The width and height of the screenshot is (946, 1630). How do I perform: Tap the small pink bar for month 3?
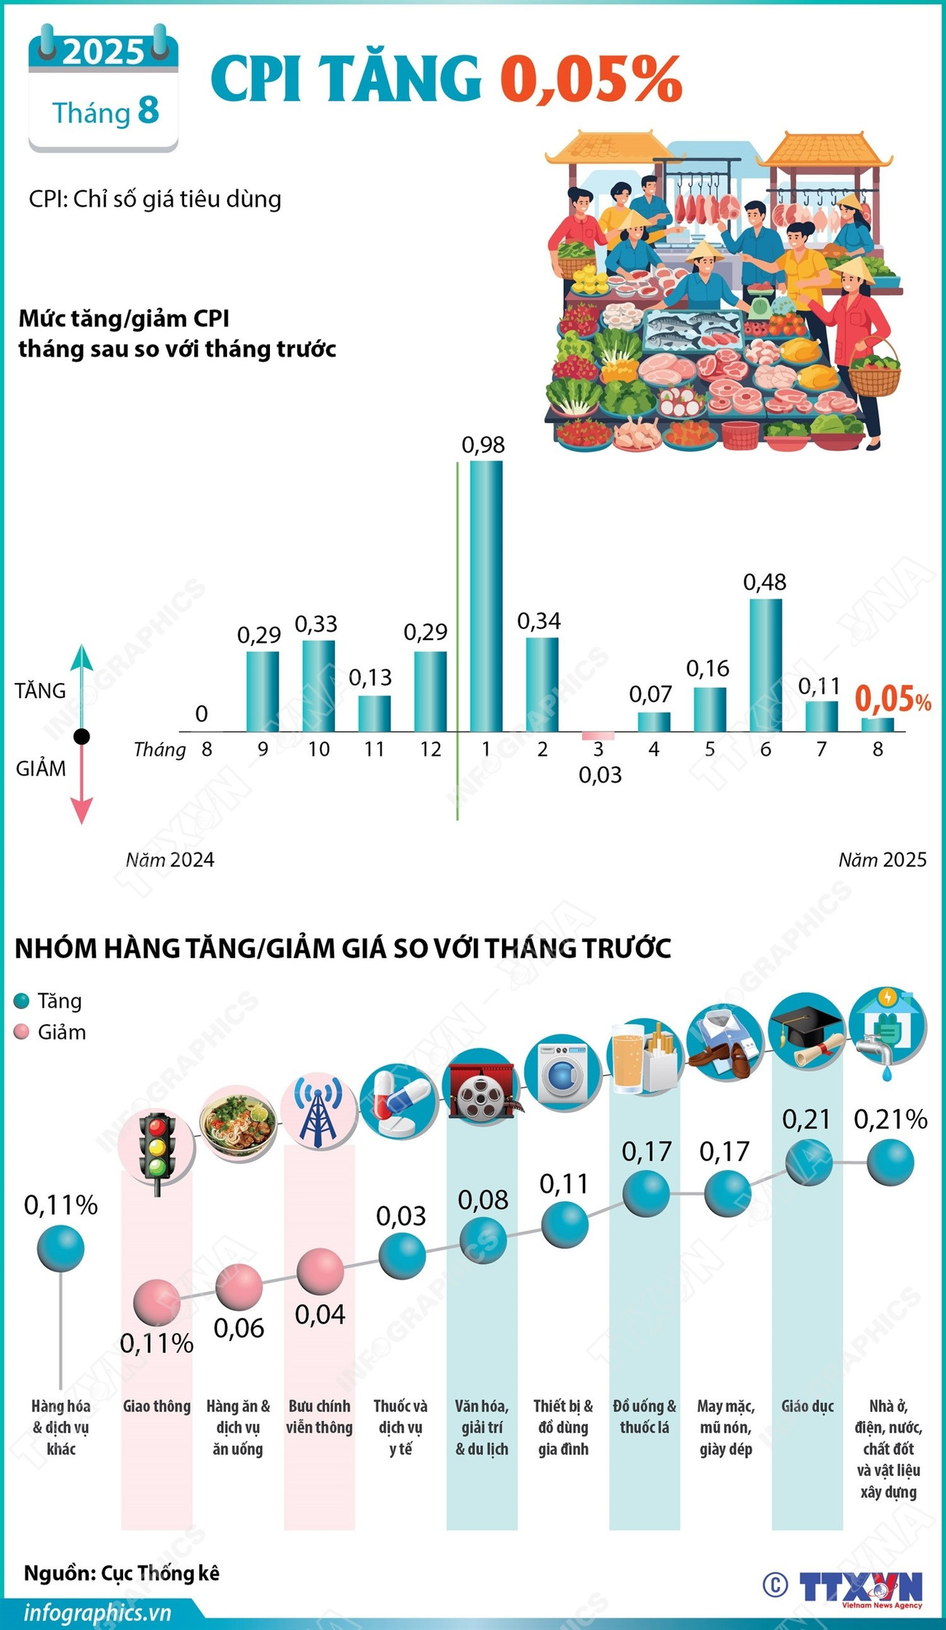(597, 736)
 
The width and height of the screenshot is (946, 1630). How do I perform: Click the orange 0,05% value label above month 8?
(892, 699)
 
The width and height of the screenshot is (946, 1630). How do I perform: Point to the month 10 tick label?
(319, 749)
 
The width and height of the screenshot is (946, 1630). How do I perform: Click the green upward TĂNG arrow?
(82, 670)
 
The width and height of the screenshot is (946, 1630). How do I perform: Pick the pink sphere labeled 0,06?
(238, 1288)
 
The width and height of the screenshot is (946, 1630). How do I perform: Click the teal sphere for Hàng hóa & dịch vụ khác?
(60, 1249)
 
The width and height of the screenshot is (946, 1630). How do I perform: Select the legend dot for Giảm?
(22, 1032)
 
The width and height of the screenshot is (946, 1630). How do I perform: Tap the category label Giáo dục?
(807, 1406)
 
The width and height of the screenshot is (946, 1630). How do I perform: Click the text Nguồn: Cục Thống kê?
(122, 1573)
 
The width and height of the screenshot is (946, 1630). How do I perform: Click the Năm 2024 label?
(170, 860)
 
